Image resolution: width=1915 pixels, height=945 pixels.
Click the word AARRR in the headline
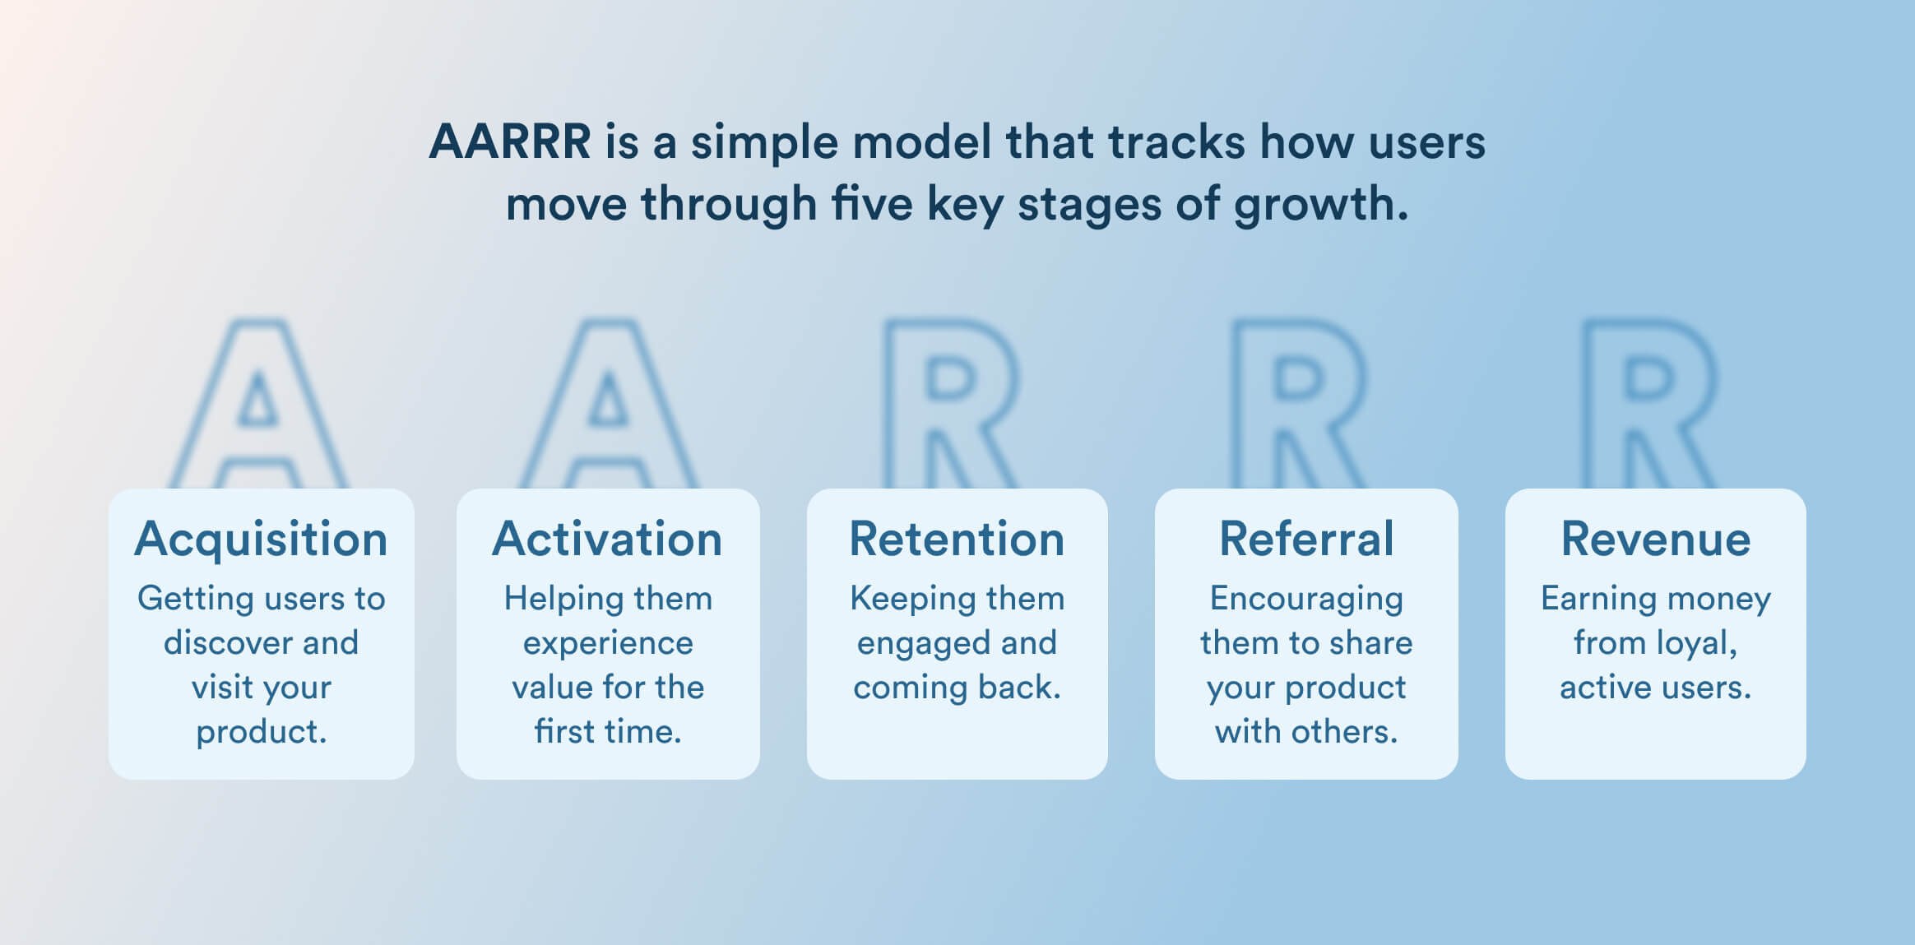click(x=509, y=141)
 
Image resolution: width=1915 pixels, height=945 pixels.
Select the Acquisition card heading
click(x=261, y=540)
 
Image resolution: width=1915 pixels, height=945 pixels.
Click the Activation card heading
click(x=607, y=540)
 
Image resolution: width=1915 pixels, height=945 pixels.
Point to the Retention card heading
click(x=957, y=540)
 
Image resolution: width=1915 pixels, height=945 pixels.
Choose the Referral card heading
click(x=1306, y=540)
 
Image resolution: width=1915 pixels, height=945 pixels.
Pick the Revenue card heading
click(x=1655, y=540)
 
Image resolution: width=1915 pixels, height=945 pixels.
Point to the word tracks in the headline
click(x=1176, y=141)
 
